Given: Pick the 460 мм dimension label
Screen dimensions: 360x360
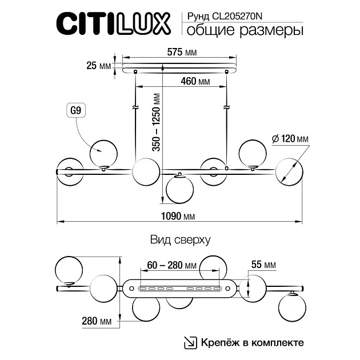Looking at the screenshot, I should click(195, 82).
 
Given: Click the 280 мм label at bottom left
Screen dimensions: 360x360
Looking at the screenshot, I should click(97, 322).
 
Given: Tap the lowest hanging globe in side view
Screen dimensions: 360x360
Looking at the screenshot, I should click(179, 190).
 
